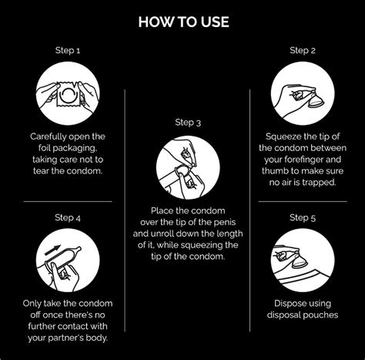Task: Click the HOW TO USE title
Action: click(183, 22)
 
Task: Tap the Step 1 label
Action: click(68, 50)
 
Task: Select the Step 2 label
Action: click(303, 50)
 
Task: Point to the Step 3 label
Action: click(188, 123)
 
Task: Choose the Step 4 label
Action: click(68, 218)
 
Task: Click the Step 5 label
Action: click(303, 218)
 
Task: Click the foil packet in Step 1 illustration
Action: click(68, 94)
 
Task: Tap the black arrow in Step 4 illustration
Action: click(52, 250)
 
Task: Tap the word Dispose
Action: click(290, 304)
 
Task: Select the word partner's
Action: click(66, 338)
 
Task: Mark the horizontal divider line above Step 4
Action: click(68, 201)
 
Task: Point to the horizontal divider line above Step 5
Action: click(303, 201)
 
